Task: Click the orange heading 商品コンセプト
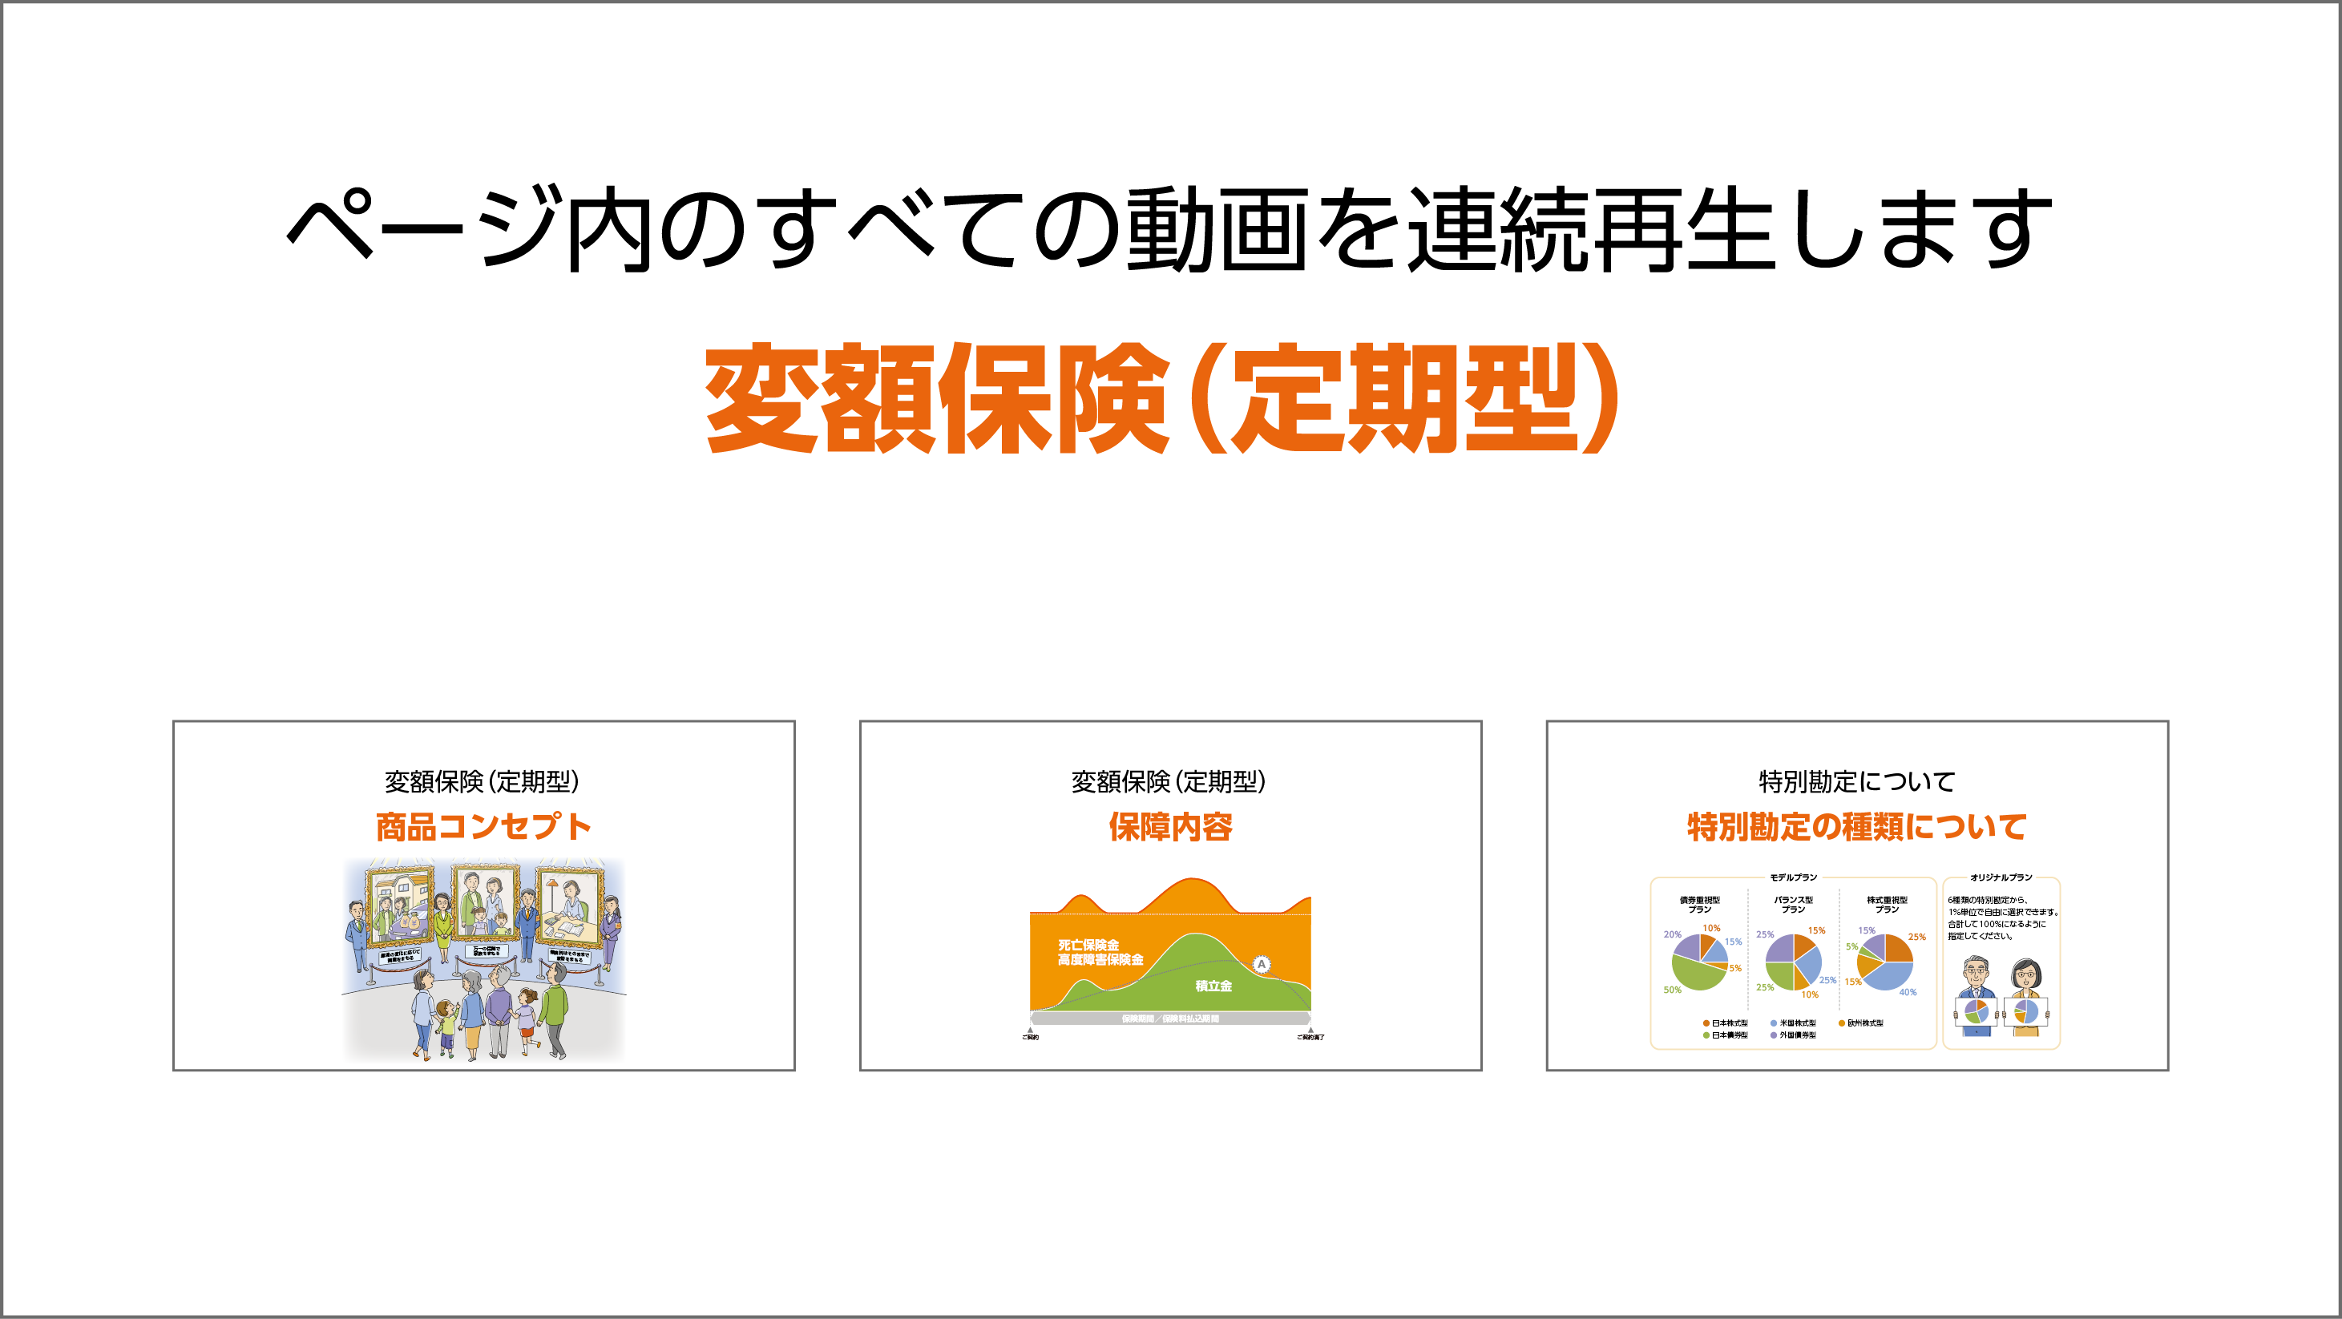point(483,826)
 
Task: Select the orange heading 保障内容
point(1170,826)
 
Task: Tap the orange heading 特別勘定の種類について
point(1856,826)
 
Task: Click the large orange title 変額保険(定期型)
point(1161,398)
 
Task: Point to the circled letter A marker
point(1261,963)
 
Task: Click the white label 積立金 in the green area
point(1213,986)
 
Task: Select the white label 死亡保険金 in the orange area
point(1088,945)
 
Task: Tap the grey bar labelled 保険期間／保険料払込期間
point(1170,1018)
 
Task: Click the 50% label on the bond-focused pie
point(1672,990)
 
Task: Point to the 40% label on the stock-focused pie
point(1908,992)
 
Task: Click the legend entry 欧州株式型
point(1864,1023)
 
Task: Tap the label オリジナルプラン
point(2000,877)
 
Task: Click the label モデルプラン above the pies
point(1793,877)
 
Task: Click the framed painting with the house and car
point(400,906)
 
